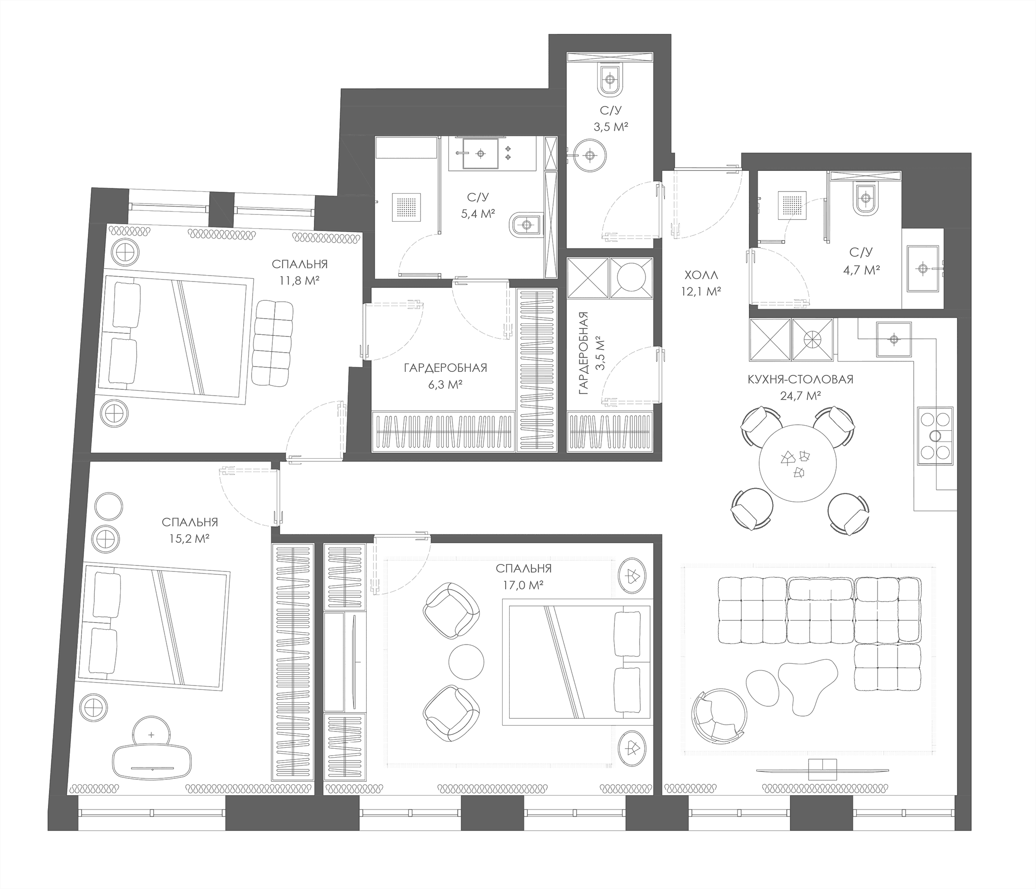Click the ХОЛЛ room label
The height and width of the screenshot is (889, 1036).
point(700,274)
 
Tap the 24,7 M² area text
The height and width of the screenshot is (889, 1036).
point(801,396)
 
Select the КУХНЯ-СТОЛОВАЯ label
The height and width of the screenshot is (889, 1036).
point(801,379)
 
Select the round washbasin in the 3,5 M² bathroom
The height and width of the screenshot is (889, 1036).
point(590,156)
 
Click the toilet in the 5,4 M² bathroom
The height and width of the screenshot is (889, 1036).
point(525,225)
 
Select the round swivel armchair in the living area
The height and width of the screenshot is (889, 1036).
point(720,717)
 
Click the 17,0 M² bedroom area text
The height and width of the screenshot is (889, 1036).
point(523,586)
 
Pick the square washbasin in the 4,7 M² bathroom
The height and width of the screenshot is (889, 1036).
point(923,268)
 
